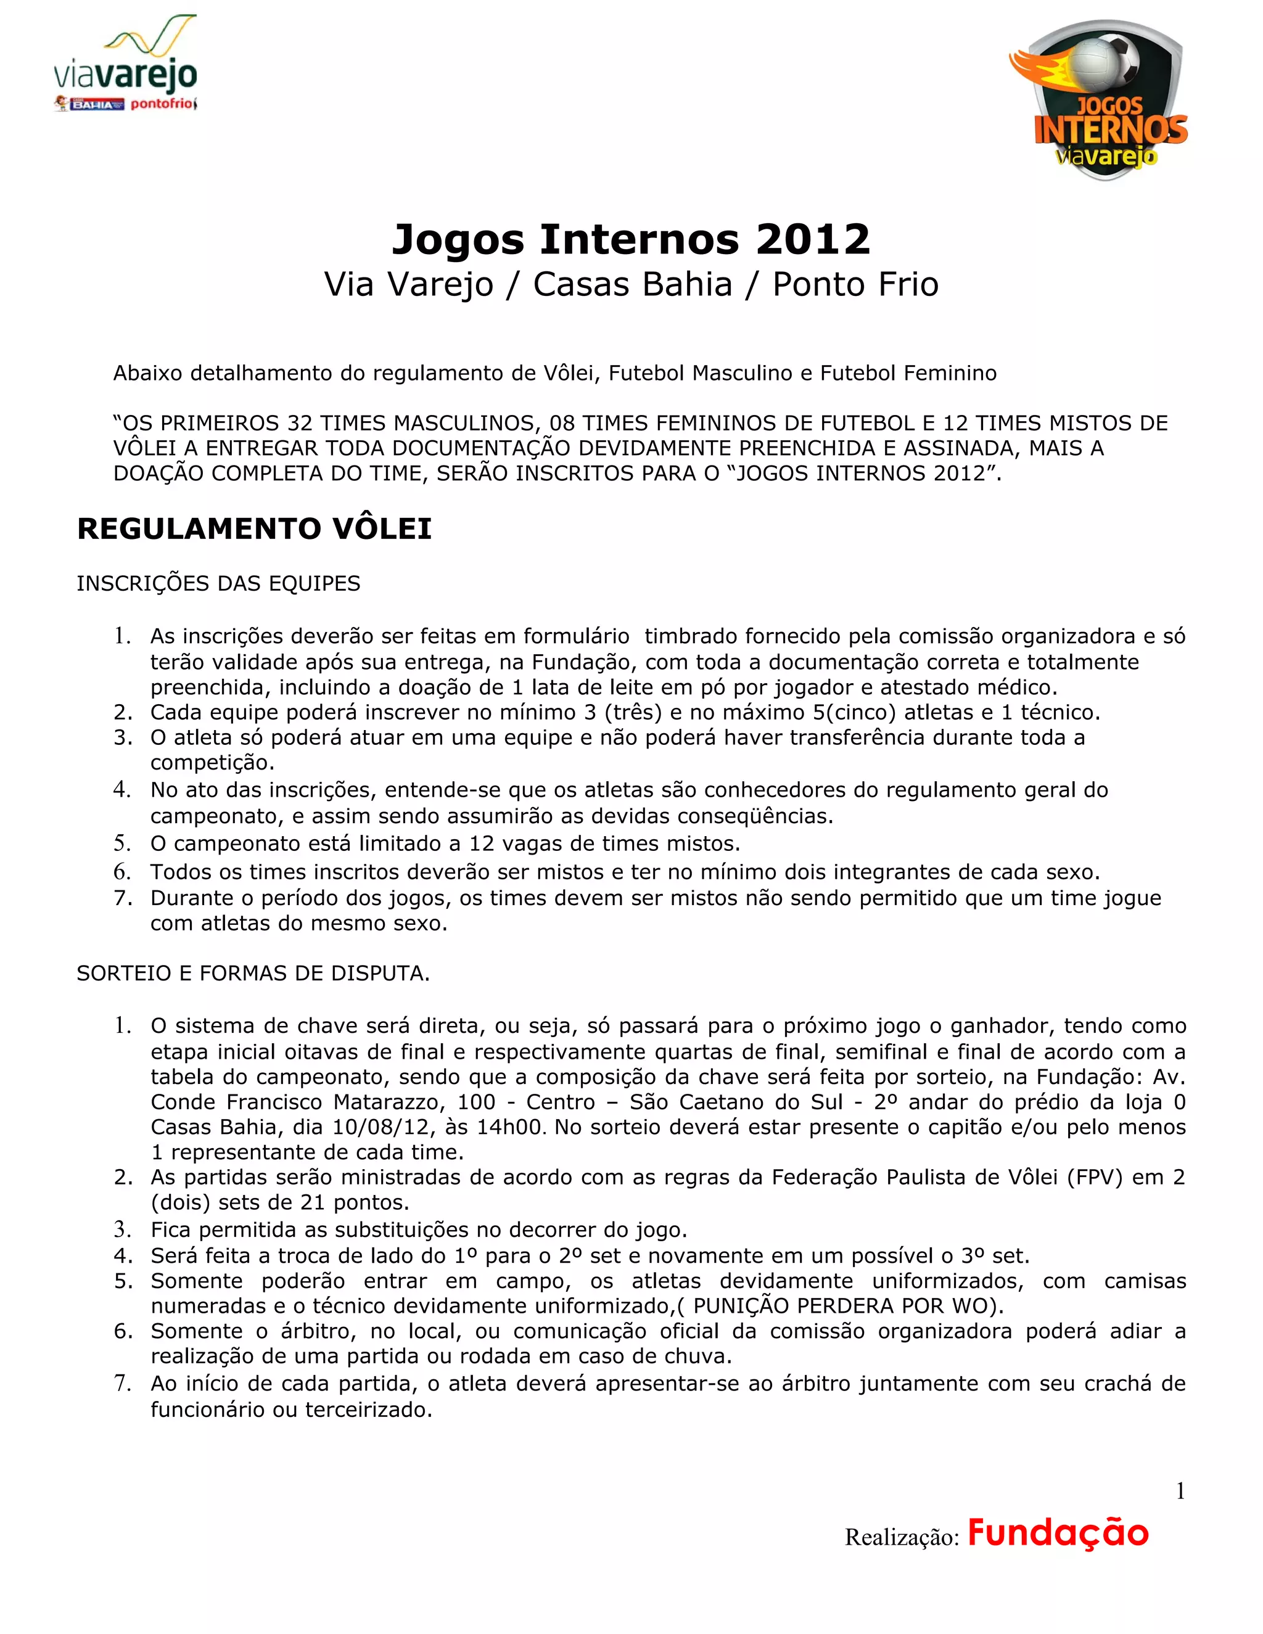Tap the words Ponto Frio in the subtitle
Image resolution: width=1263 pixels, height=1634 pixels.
855,285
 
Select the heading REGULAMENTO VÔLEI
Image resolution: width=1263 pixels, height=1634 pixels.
255,529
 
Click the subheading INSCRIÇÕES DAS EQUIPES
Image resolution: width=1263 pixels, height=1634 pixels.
218,583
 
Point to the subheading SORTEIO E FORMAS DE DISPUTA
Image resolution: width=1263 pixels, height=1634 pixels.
253,974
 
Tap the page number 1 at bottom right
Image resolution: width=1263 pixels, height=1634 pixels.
1180,1492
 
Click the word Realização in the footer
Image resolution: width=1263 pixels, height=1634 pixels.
901,1537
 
